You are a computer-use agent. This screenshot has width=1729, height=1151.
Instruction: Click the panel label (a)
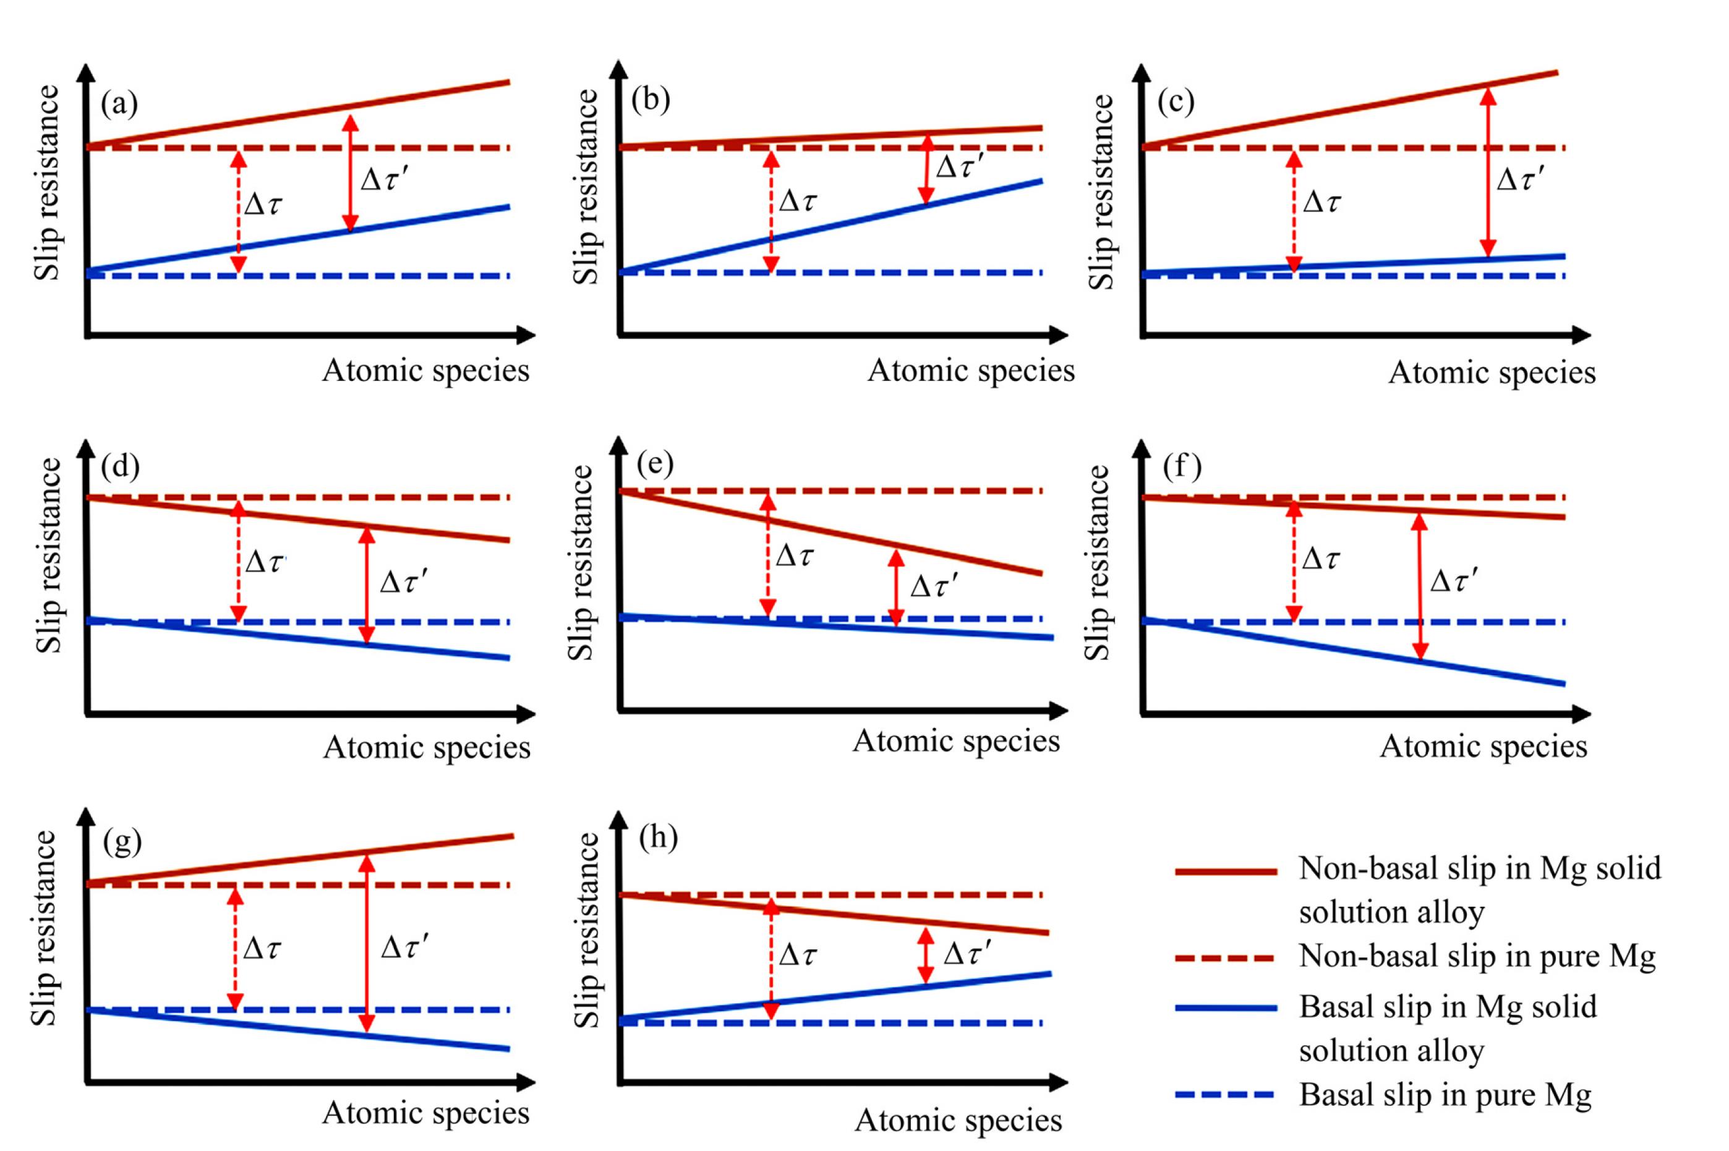(119, 105)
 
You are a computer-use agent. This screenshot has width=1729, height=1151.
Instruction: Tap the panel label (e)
(655, 464)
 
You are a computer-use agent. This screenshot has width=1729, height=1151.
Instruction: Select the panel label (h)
(657, 837)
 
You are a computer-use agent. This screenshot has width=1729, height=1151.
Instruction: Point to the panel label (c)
(1176, 102)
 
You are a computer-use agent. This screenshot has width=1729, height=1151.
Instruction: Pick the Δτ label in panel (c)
(1321, 202)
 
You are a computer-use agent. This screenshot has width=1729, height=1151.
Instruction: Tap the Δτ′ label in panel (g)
(404, 948)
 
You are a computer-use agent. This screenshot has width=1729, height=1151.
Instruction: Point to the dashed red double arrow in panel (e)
(767, 555)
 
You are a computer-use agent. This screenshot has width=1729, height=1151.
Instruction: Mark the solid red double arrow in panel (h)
(926, 955)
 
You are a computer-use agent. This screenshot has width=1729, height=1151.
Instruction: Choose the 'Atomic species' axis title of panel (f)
(1483, 747)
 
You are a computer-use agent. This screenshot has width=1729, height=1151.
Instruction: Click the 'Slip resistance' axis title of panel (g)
(45, 928)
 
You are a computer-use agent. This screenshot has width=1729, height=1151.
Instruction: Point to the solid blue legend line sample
(1226, 1009)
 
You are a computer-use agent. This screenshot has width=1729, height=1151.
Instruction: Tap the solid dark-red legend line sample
(1226, 871)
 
